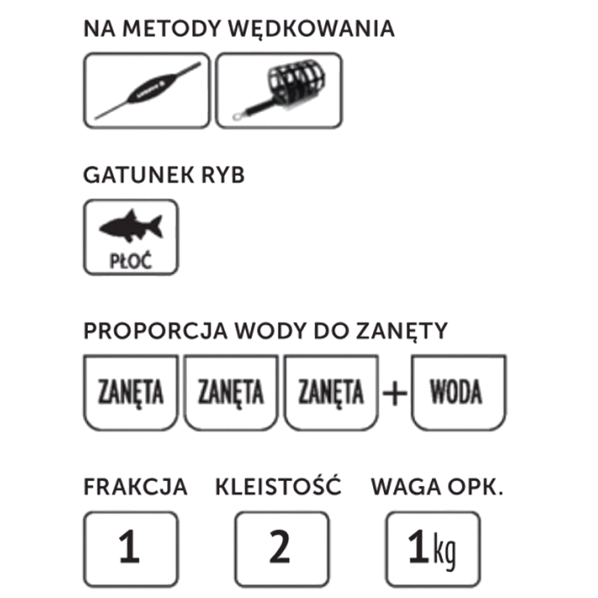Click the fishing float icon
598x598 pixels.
click(x=148, y=91)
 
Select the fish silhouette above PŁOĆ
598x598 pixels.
click(x=131, y=226)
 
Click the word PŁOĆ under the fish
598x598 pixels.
click(x=131, y=261)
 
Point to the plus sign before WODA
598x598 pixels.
click(x=395, y=393)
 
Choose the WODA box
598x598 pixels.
click(x=458, y=392)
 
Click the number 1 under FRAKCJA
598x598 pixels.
click(x=129, y=547)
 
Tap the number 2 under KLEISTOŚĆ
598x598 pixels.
click(x=280, y=547)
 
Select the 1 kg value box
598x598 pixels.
click(x=433, y=549)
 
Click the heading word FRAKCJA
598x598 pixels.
click(x=135, y=486)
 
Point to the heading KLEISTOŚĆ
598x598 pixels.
click(x=279, y=485)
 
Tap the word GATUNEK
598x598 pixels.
click(x=138, y=175)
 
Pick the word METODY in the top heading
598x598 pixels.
click(x=172, y=29)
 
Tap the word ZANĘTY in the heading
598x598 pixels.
click(x=402, y=332)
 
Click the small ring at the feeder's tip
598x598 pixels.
click(x=237, y=116)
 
